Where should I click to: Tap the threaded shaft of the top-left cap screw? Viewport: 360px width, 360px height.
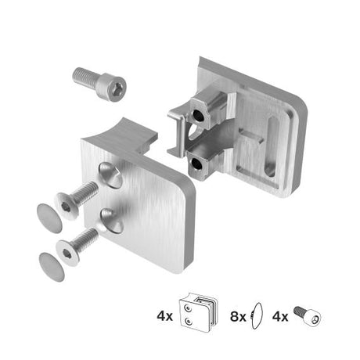tap(85, 76)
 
